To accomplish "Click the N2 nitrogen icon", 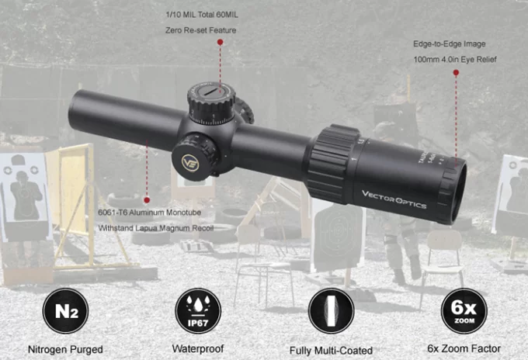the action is (x=66, y=311).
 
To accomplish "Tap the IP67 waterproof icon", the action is (x=198, y=311).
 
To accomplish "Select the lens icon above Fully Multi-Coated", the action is (x=331, y=311).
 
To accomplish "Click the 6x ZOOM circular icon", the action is (x=464, y=311).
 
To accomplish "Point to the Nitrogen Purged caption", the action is (x=65, y=350).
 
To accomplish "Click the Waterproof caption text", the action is (x=198, y=348).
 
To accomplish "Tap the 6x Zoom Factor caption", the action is (x=464, y=348).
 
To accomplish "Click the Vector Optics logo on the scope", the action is (x=394, y=199).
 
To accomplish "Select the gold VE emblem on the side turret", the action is (x=190, y=163).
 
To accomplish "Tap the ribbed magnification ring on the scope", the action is (x=332, y=164).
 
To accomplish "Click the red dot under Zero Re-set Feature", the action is (x=221, y=42).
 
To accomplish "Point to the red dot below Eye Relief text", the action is (x=456, y=72).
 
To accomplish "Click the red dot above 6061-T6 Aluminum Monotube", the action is (x=147, y=200).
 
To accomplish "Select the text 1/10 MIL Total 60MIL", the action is (x=202, y=15).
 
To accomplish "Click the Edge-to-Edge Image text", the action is (x=450, y=44).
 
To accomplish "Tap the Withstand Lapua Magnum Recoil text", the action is (x=156, y=228).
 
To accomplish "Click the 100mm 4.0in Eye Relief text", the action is (x=455, y=60).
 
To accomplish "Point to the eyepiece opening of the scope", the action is (x=459, y=192).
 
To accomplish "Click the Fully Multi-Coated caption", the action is (x=331, y=351).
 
